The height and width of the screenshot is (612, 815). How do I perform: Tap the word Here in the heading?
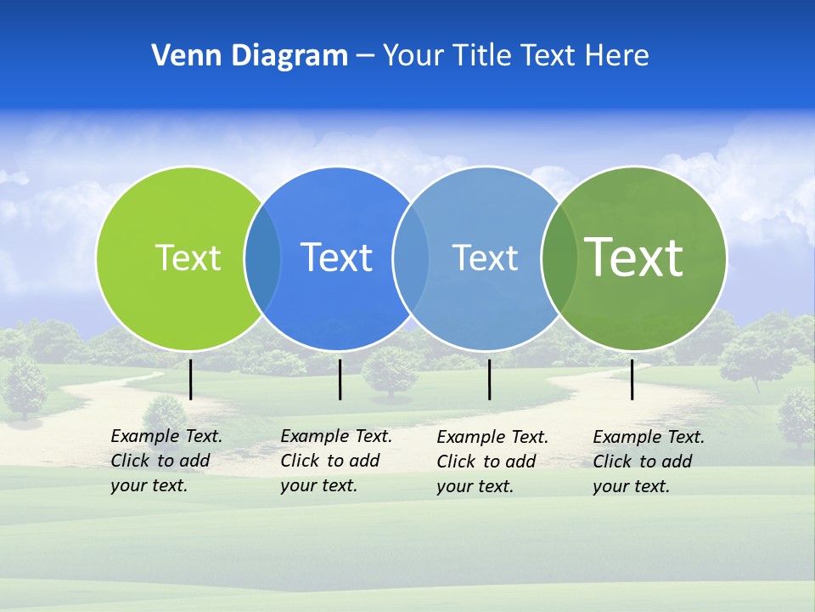tap(616, 56)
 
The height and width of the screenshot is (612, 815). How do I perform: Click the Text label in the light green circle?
tap(188, 258)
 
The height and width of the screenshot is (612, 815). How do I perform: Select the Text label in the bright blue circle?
tap(336, 258)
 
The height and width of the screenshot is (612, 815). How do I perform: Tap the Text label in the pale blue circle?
tap(485, 258)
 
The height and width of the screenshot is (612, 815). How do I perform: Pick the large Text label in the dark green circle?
tap(633, 257)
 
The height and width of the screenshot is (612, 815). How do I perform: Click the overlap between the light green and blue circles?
tap(262, 258)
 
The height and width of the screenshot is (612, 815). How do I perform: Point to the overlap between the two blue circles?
tap(411, 258)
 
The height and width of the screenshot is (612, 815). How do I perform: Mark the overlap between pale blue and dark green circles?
tap(559, 258)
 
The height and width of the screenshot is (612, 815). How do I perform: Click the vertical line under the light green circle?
tap(190, 379)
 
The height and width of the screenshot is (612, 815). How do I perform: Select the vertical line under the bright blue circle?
tap(340, 379)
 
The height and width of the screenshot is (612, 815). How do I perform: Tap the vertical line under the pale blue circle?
tap(489, 379)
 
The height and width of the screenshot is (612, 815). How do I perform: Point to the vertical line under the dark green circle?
tap(632, 379)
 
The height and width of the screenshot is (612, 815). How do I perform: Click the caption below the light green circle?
tap(166, 461)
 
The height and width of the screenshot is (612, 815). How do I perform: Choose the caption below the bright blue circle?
tap(336, 461)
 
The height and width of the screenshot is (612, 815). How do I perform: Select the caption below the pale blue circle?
tap(492, 462)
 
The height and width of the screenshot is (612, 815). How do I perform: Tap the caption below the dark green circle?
tap(649, 462)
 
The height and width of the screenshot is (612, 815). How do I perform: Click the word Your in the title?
tap(413, 56)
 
